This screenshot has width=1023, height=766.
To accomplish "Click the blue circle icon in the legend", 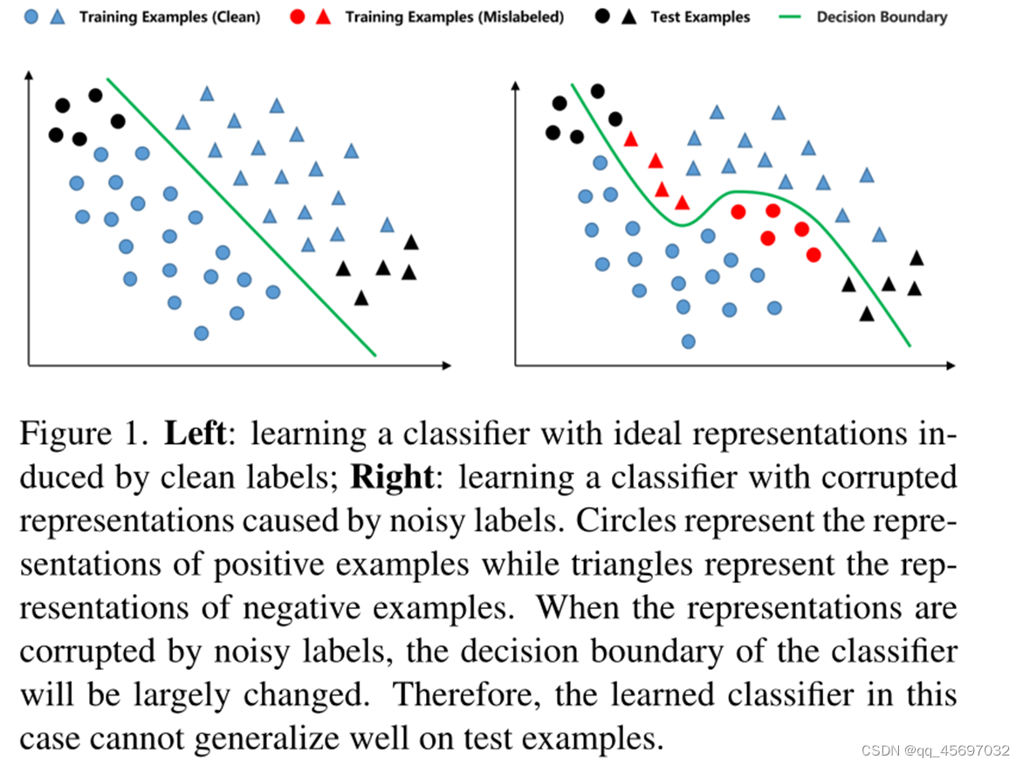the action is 31,17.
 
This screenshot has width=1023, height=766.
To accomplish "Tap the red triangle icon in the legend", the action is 323,17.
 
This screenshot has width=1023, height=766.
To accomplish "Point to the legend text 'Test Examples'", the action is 700,17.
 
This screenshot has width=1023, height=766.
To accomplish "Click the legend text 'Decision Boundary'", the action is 882,17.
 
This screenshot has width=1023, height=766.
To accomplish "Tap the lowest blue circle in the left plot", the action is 202,332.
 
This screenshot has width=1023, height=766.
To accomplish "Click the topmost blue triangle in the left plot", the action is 207,93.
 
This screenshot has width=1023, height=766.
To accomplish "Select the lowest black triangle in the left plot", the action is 361,298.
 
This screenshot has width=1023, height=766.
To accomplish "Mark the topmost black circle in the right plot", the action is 598,90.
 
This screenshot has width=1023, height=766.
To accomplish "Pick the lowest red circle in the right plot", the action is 814,255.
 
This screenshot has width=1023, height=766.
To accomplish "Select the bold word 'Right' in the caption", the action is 392,477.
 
